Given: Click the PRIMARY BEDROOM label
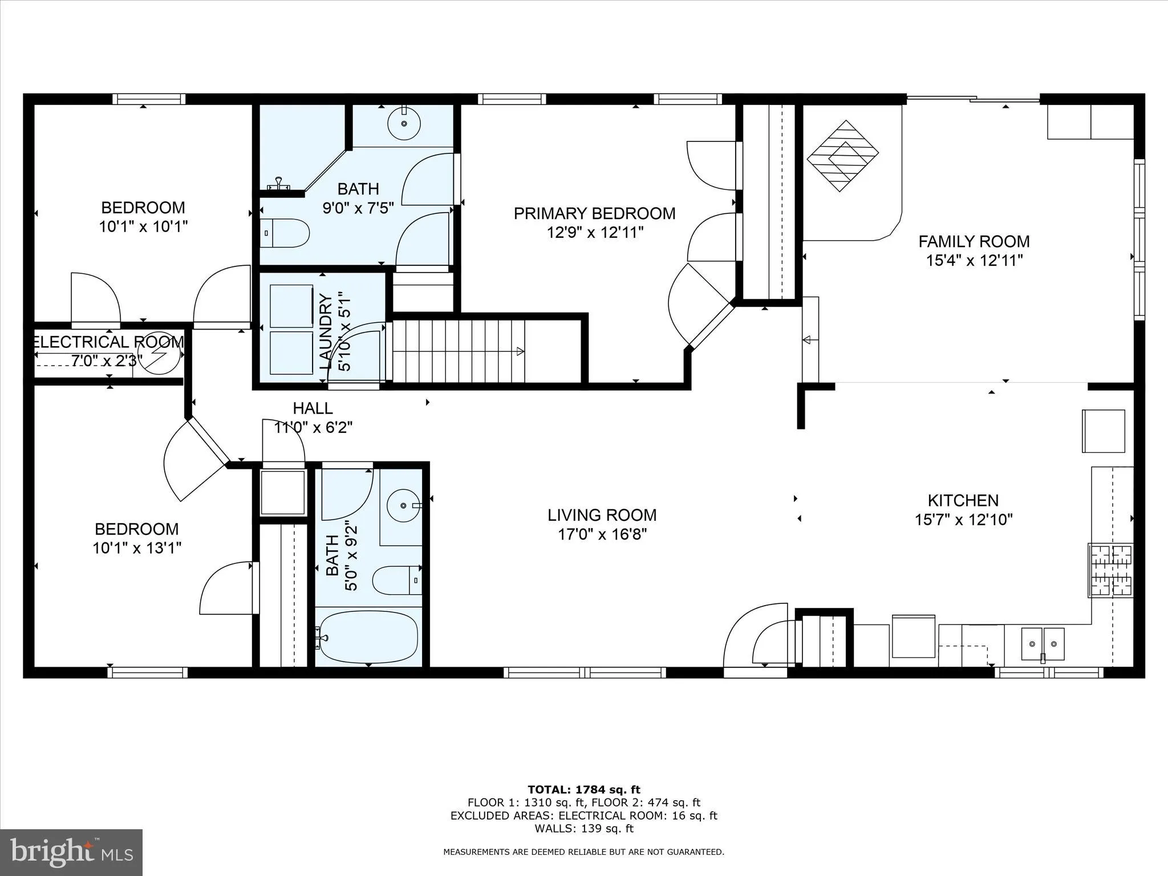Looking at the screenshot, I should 594,213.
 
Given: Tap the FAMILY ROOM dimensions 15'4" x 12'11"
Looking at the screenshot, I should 974,261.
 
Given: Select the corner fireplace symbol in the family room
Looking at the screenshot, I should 842,156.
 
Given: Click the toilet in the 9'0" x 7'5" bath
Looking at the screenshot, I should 285,233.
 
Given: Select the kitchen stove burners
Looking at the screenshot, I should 1110,570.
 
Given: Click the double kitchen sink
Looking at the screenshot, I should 1043,643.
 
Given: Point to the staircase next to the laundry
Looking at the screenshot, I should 459,351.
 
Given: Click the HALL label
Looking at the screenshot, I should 313,408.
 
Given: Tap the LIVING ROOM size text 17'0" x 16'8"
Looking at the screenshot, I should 602,534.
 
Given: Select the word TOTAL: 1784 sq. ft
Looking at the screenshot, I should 584,790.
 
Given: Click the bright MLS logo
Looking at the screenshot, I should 71,853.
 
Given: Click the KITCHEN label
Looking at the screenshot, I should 963,501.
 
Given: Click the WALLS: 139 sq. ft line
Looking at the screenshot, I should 584,829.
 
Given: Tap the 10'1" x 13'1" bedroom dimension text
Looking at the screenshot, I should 137,548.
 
